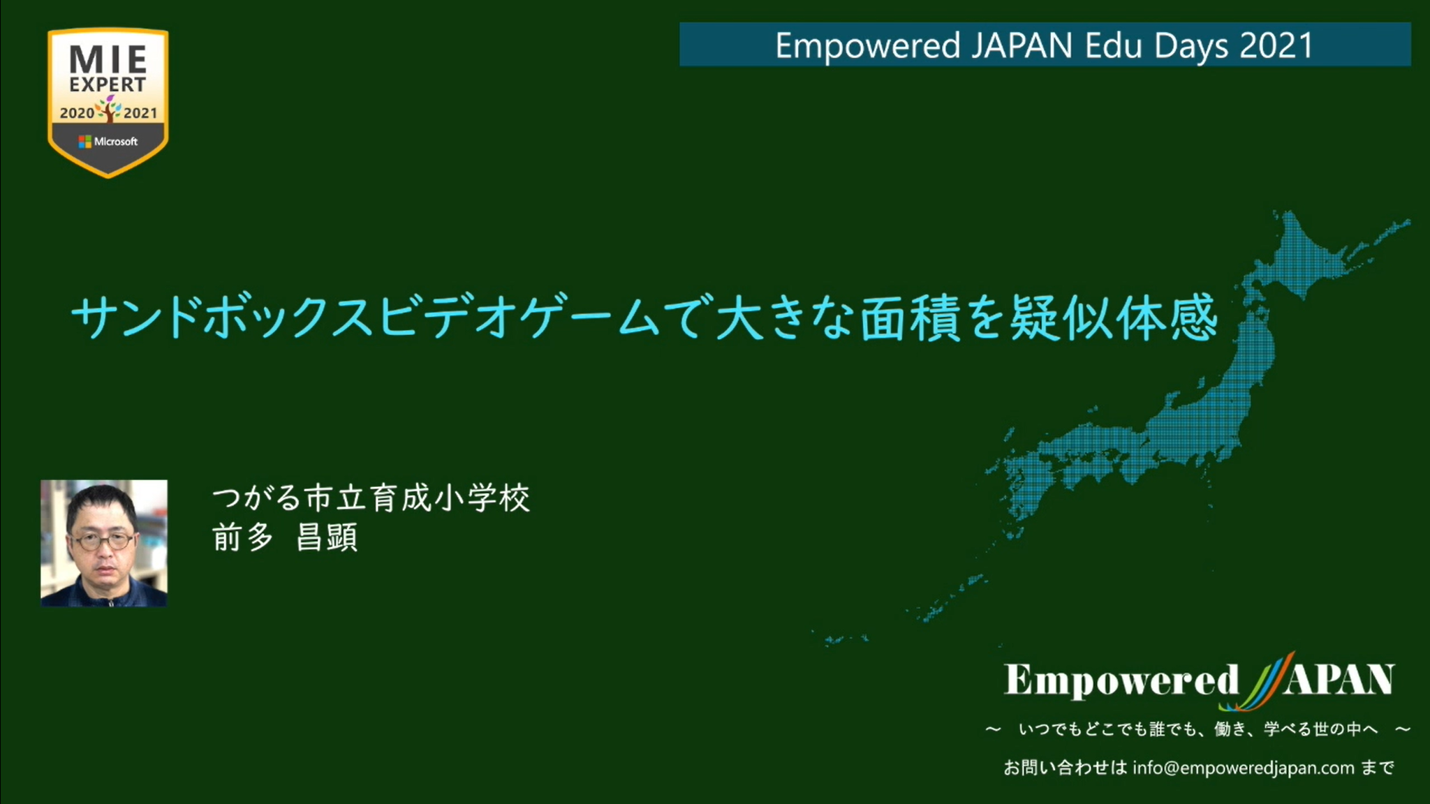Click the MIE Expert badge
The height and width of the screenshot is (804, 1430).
[108, 103]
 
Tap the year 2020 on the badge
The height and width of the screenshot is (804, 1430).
[77, 113]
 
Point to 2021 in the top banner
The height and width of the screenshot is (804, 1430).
[1277, 45]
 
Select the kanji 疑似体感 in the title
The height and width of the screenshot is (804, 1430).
[1114, 318]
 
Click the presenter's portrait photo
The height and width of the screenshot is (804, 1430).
[104, 543]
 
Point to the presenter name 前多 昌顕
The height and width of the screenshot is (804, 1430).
[285, 537]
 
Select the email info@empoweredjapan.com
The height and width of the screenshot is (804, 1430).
[1244, 768]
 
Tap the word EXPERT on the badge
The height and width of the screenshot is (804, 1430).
[108, 84]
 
